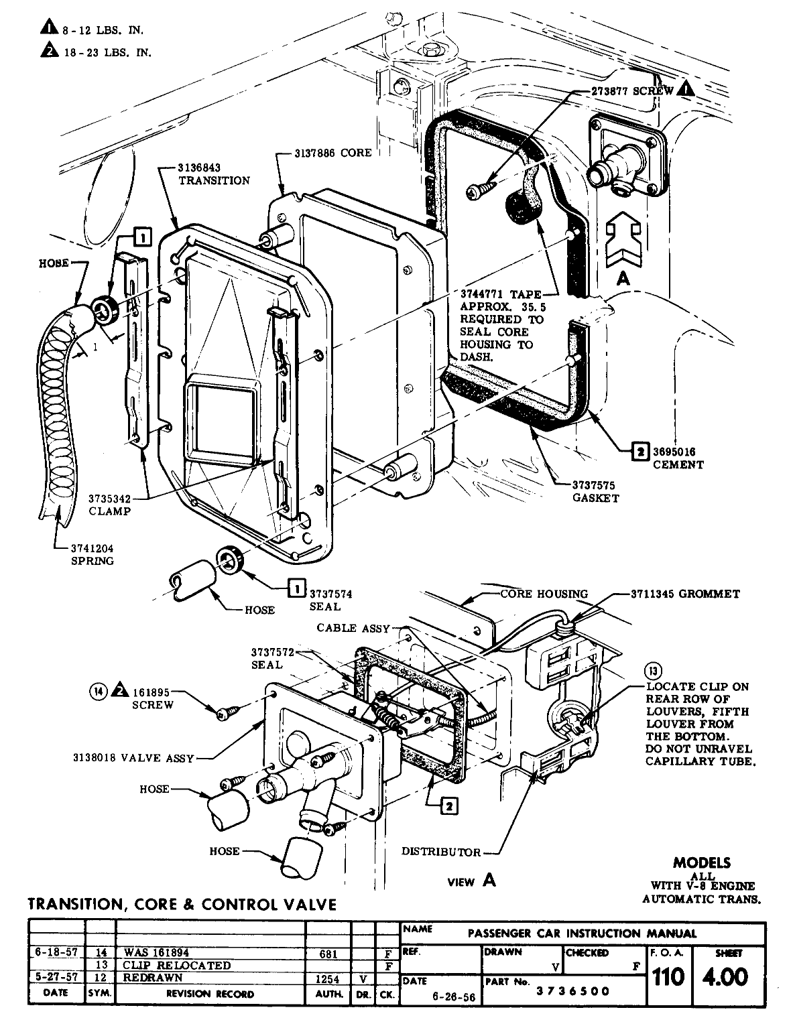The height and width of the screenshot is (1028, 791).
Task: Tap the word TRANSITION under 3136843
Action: point(214,180)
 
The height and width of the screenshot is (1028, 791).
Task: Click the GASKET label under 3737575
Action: point(595,498)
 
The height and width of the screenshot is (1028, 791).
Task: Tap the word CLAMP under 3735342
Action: point(109,511)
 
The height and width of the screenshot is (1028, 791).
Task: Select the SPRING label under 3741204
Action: point(93,560)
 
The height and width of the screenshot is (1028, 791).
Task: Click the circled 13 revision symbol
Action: point(652,670)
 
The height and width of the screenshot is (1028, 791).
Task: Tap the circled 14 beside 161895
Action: point(99,690)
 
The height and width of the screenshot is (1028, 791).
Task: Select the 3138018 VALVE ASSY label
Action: point(133,758)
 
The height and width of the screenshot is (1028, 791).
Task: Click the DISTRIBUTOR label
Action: point(440,852)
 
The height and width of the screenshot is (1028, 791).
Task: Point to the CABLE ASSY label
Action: point(353,628)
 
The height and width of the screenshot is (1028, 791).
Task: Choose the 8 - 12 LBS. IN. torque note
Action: point(110,29)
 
